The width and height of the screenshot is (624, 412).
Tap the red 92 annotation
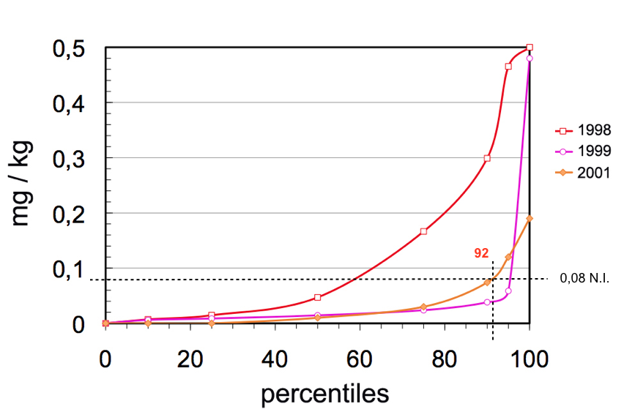(x=481, y=253)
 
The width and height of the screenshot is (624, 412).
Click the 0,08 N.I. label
(x=584, y=278)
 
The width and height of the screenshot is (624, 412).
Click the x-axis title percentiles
(x=324, y=394)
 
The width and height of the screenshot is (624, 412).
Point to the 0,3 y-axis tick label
(x=70, y=159)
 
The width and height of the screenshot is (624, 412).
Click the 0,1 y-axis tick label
(x=70, y=269)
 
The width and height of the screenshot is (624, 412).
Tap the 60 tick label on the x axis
(x=360, y=361)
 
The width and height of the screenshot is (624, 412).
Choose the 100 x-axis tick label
(x=530, y=361)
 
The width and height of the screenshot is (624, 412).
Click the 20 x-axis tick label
(x=190, y=361)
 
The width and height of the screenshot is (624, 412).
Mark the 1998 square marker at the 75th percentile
(x=423, y=231)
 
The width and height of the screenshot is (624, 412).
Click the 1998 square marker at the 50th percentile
(x=318, y=297)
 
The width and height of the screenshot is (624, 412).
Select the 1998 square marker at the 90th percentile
(x=487, y=158)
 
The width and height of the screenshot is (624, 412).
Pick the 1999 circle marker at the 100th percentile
(x=530, y=59)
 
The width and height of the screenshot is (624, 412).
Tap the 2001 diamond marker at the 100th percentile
(x=530, y=218)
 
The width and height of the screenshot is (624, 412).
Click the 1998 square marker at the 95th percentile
(x=508, y=67)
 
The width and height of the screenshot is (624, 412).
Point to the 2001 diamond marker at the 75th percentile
(x=423, y=307)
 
